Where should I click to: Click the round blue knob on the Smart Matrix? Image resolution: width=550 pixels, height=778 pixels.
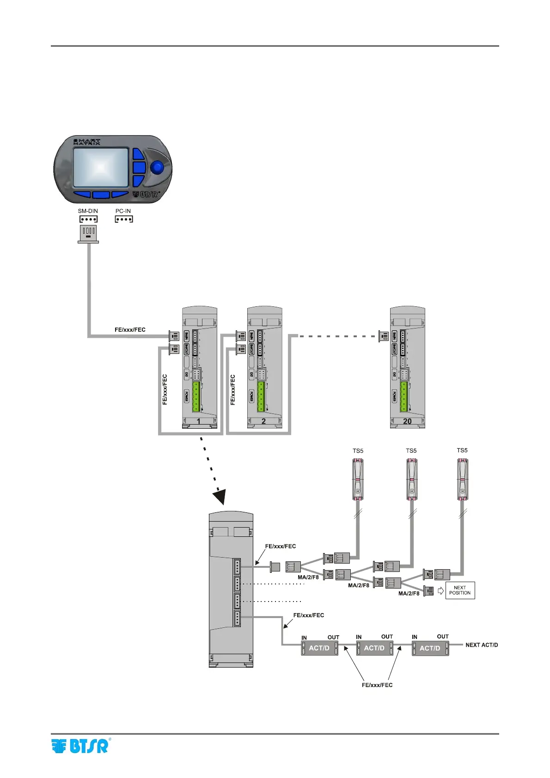point(158,167)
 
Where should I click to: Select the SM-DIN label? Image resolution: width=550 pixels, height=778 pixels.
point(88,211)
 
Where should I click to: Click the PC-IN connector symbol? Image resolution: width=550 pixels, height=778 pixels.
point(124,219)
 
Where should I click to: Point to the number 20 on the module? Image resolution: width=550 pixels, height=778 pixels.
point(407,421)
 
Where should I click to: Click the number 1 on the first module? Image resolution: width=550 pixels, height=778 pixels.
point(199,421)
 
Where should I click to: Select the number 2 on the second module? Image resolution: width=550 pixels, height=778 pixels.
point(263,421)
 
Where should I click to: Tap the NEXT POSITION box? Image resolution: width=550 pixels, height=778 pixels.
point(460,590)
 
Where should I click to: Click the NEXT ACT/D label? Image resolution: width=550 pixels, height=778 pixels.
point(482,645)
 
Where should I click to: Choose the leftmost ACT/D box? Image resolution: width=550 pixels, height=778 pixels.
point(319,648)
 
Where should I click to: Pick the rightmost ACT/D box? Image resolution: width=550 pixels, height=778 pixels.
point(430,648)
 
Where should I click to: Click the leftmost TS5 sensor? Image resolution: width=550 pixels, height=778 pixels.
point(358,480)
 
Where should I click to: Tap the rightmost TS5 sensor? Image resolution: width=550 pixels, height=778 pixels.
point(462,480)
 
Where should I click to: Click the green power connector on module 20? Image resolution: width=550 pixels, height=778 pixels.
point(404,396)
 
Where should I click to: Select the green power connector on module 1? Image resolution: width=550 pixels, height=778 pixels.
point(196,396)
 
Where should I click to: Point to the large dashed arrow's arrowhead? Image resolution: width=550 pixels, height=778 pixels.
point(220,497)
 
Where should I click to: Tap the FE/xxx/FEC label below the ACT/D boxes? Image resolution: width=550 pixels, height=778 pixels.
point(377,685)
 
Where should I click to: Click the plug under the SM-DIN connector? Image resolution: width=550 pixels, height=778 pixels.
point(88,233)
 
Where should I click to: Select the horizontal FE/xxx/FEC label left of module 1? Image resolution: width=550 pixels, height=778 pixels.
point(130,330)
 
